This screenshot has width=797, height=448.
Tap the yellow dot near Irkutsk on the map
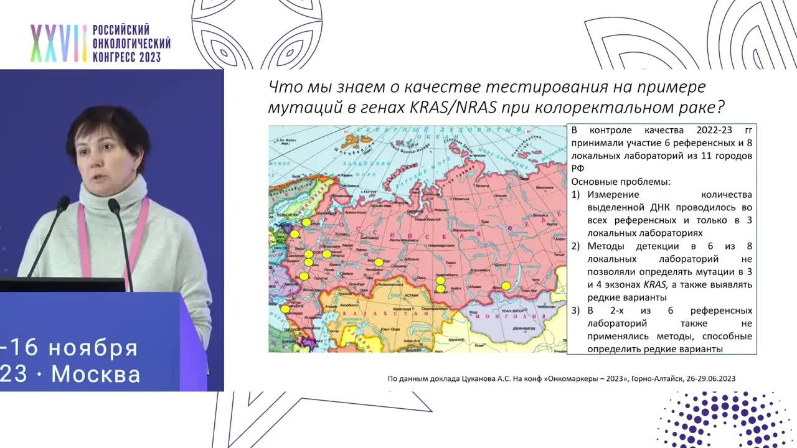(506, 286)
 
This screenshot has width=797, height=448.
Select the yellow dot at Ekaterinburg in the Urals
(379, 262)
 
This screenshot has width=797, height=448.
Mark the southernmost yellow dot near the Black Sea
(285, 309)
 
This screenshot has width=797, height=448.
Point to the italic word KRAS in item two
(655, 284)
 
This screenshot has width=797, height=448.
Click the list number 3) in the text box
(575, 310)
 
